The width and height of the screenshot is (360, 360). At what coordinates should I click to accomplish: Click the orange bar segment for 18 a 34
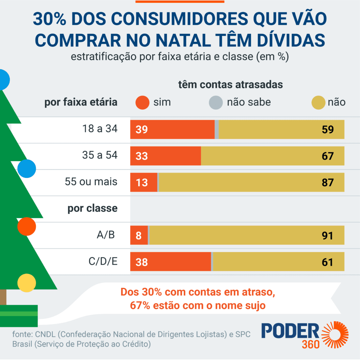click(172, 129)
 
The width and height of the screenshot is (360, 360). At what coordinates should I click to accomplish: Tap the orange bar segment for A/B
click(139, 235)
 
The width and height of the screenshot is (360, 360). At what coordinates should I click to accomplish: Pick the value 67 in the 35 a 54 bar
click(327, 156)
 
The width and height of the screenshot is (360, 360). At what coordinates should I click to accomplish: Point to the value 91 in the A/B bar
click(327, 235)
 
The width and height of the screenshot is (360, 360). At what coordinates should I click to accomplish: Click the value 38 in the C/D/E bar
click(142, 262)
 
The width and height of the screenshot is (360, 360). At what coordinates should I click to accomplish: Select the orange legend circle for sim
click(142, 103)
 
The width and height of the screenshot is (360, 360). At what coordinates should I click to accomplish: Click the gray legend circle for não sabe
click(216, 103)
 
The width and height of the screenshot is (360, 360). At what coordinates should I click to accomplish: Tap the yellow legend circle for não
click(318, 103)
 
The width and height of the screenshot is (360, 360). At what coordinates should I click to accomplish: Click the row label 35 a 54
click(99, 155)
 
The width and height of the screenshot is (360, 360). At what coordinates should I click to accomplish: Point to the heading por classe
click(92, 208)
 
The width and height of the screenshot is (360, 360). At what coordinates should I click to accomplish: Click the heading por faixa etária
click(81, 102)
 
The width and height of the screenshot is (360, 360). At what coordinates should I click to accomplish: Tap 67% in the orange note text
click(141, 305)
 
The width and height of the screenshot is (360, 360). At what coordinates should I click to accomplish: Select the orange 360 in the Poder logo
click(310, 344)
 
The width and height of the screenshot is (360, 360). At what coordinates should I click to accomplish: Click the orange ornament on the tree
click(27, 226)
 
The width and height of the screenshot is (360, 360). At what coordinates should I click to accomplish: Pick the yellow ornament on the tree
click(27, 283)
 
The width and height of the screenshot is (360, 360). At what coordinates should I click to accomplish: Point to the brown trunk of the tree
click(3, 297)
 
